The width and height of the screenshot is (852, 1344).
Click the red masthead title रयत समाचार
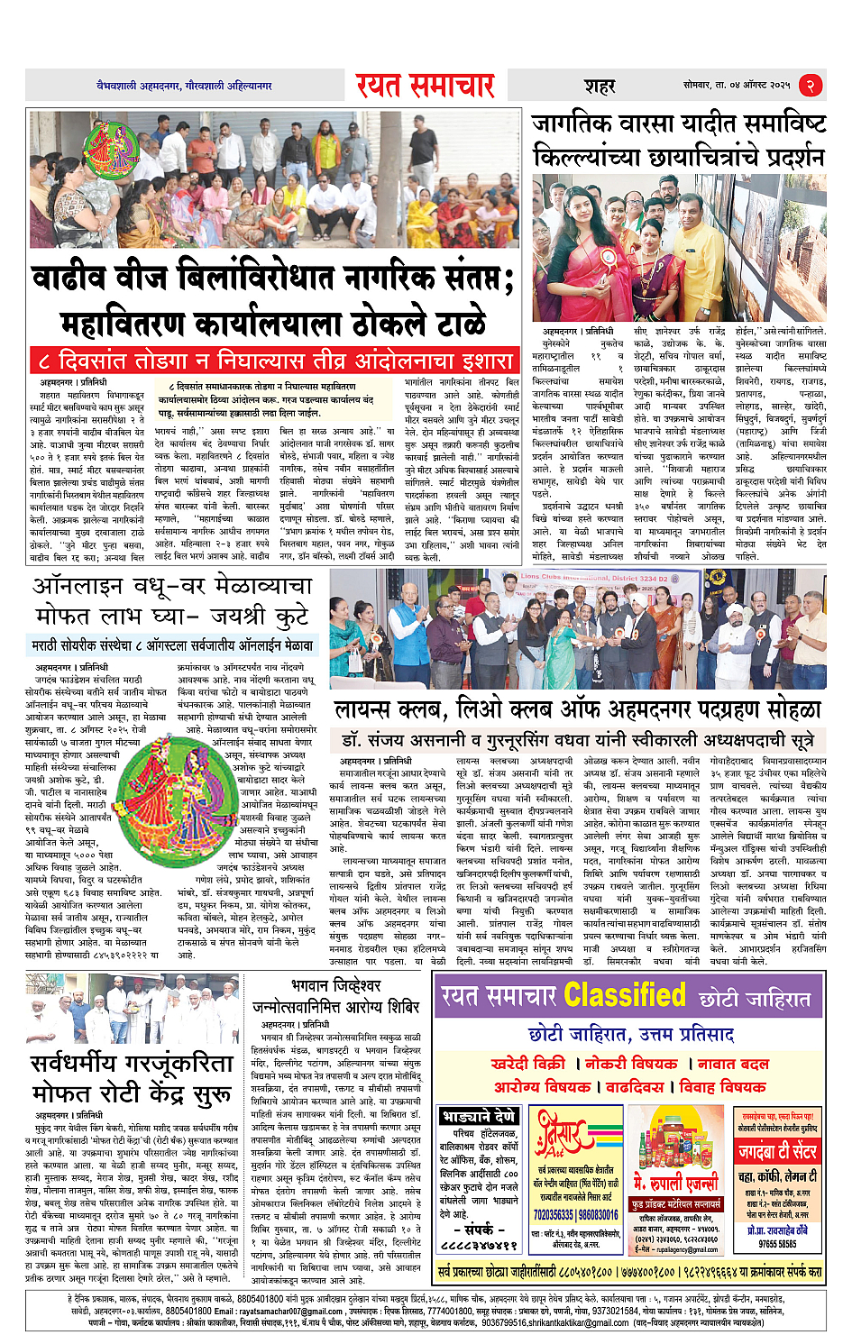tap(425, 86)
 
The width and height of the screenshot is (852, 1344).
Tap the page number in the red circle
tap(811, 86)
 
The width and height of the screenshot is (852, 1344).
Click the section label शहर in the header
tap(600, 87)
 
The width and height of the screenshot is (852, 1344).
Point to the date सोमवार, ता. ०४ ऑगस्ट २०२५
tap(736, 86)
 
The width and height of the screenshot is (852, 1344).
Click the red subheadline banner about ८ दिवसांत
tap(275, 361)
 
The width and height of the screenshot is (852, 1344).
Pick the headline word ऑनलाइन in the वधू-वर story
tap(86, 587)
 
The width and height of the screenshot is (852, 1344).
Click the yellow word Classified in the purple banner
tap(624, 996)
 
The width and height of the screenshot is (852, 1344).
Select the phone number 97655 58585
tap(777, 1243)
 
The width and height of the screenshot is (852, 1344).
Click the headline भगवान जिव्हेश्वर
tap(336, 986)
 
